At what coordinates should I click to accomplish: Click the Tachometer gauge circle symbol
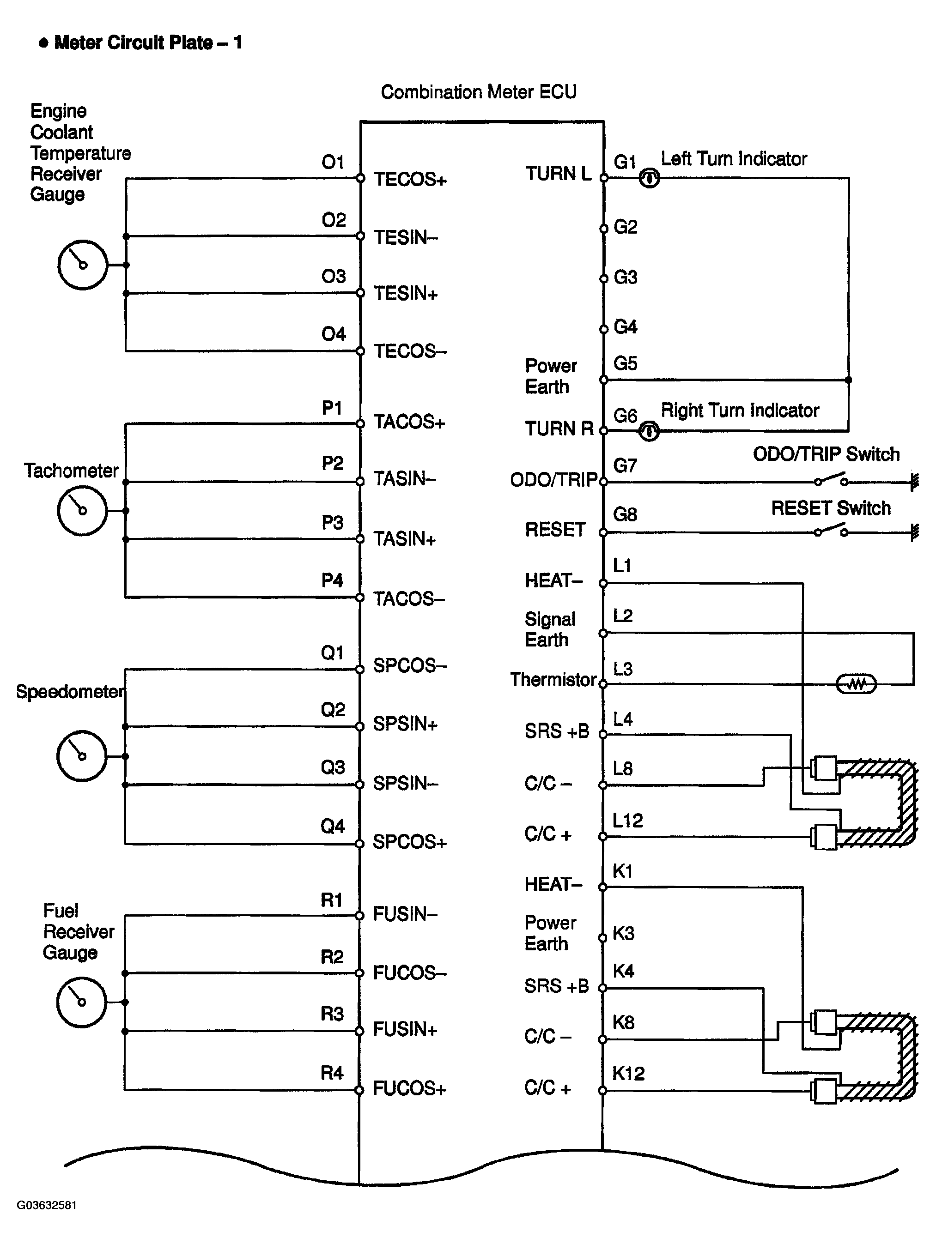pos(82,511)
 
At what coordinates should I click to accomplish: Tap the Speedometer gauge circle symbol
pos(82,756)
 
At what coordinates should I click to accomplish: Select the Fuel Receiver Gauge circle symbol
pos(82,1002)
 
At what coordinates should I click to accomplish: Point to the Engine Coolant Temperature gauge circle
pos(83,265)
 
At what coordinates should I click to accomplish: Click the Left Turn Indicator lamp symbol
pos(649,178)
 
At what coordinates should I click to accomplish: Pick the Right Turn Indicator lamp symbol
pos(649,431)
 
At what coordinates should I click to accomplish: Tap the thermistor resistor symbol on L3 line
pos(856,684)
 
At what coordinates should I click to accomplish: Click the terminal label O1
pos(333,163)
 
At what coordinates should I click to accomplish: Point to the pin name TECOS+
pos(410,180)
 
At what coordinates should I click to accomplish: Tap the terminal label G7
pos(625,465)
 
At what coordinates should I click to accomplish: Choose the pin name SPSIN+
pos(405,724)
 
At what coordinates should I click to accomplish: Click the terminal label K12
pos(628,1074)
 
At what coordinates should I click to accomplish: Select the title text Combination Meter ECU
pos(479,92)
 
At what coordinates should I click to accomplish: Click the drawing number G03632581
pos(47,1205)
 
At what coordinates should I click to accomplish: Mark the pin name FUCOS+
pos(409,1089)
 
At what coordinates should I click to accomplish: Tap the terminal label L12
pos(627,821)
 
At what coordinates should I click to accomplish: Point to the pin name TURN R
pos(559,429)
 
